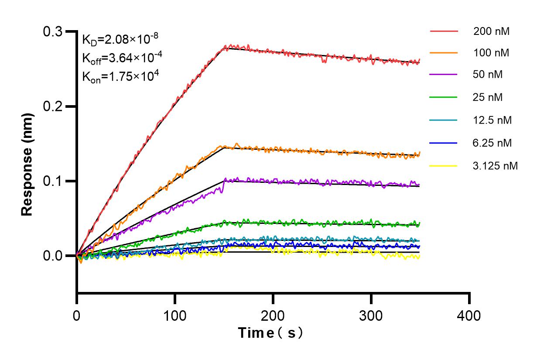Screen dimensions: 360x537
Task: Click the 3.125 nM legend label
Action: click(496, 166)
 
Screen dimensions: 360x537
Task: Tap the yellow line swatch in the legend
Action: click(444, 166)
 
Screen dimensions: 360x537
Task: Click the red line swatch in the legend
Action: click(444, 31)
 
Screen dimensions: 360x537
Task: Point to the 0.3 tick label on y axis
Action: click(53, 32)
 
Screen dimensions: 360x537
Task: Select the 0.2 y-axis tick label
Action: click(53, 106)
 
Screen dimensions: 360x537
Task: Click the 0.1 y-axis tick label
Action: click(53, 181)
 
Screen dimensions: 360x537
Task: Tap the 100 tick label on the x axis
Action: click(175, 315)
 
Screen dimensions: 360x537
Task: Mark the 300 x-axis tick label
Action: click(371, 315)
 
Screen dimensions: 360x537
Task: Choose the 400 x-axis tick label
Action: click(469, 315)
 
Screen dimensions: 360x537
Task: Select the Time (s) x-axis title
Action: click(270, 333)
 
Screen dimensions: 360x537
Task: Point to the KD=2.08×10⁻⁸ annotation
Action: click(117, 40)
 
